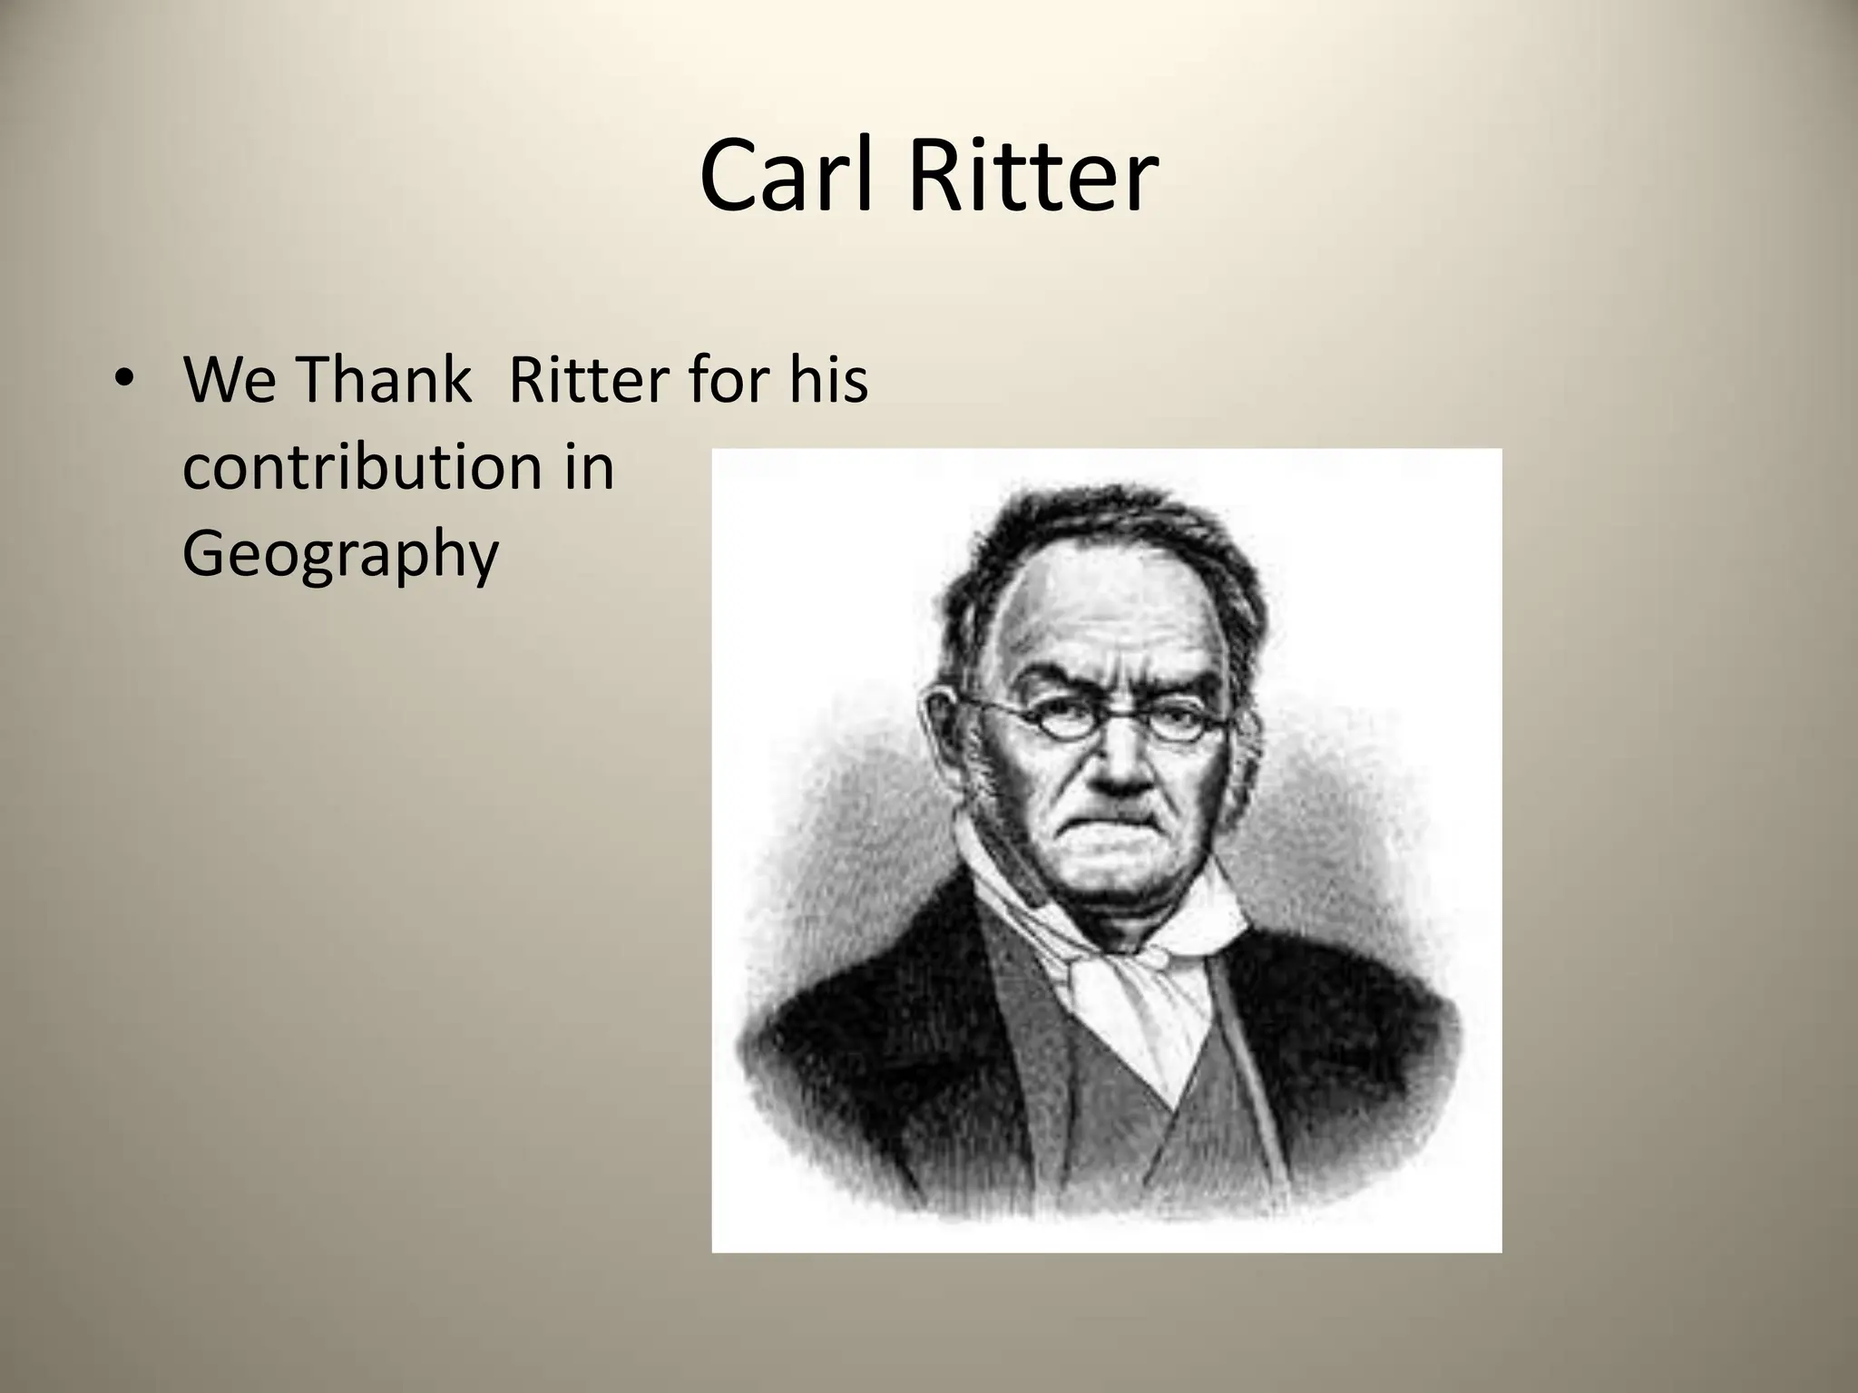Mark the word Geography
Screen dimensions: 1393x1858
340,555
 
